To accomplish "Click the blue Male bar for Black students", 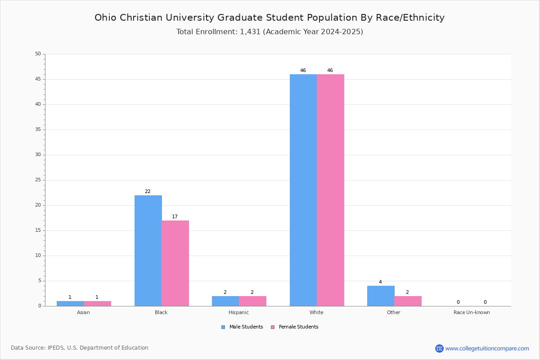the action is [x=148, y=251].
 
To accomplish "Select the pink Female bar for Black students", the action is [x=175, y=263].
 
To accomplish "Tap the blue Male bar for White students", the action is [x=303, y=190].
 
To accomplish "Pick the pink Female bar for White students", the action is [x=330, y=190].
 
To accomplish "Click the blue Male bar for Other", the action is [x=381, y=296].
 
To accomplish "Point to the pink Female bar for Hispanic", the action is [x=252, y=301].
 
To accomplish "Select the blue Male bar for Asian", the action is [x=70, y=304].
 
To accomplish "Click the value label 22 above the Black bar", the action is [x=148, y=191].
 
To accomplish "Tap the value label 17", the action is [x=175, y=216].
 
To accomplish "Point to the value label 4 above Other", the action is [x=380, y=282].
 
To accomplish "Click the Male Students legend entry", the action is [x=242, y=327].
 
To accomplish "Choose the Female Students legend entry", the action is [x=295, y=327].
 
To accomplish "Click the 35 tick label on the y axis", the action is [x=38, y=130].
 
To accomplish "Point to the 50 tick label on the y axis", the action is [x=38, y=54].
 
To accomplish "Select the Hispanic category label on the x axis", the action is [x=238, y=312].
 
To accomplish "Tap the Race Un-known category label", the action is [x=472, y=312].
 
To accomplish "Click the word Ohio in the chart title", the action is [x=105, y=18].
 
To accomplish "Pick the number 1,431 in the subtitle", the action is [x=250, y=31].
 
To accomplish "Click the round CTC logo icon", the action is [x=439, y=348].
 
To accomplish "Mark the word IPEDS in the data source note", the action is [x=56, y=348].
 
